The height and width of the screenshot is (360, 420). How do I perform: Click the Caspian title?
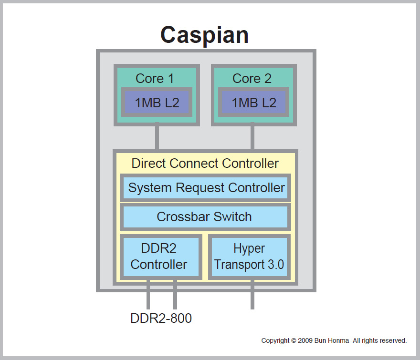click(x=204, y=35)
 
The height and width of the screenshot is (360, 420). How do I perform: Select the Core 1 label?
click(x=155, y=79)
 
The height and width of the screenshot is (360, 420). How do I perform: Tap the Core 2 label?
click(x=252, y=79)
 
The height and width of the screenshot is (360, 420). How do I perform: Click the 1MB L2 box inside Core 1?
click(x=157, y=102)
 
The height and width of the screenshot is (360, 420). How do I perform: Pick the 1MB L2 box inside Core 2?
click(x=254, y=102)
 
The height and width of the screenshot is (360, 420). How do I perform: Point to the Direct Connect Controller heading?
click(x=205, y=164)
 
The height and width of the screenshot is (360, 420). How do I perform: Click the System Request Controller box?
click(x=206, y=188)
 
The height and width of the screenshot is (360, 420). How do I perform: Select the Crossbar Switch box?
click(x=205, y=217)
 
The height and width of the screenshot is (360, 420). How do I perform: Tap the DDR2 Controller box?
click(x=159, y=257)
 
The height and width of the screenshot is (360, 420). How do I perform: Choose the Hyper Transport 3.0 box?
click(x=249, y=257)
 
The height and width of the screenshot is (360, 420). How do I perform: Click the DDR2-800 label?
click(x=161, y=319)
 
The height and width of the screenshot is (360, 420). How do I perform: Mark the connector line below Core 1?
click(x=157, y=137)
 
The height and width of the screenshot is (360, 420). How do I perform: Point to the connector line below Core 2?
click(x=252, y=137)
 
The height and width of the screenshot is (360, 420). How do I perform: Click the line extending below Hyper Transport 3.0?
click(x=252, y=296)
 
